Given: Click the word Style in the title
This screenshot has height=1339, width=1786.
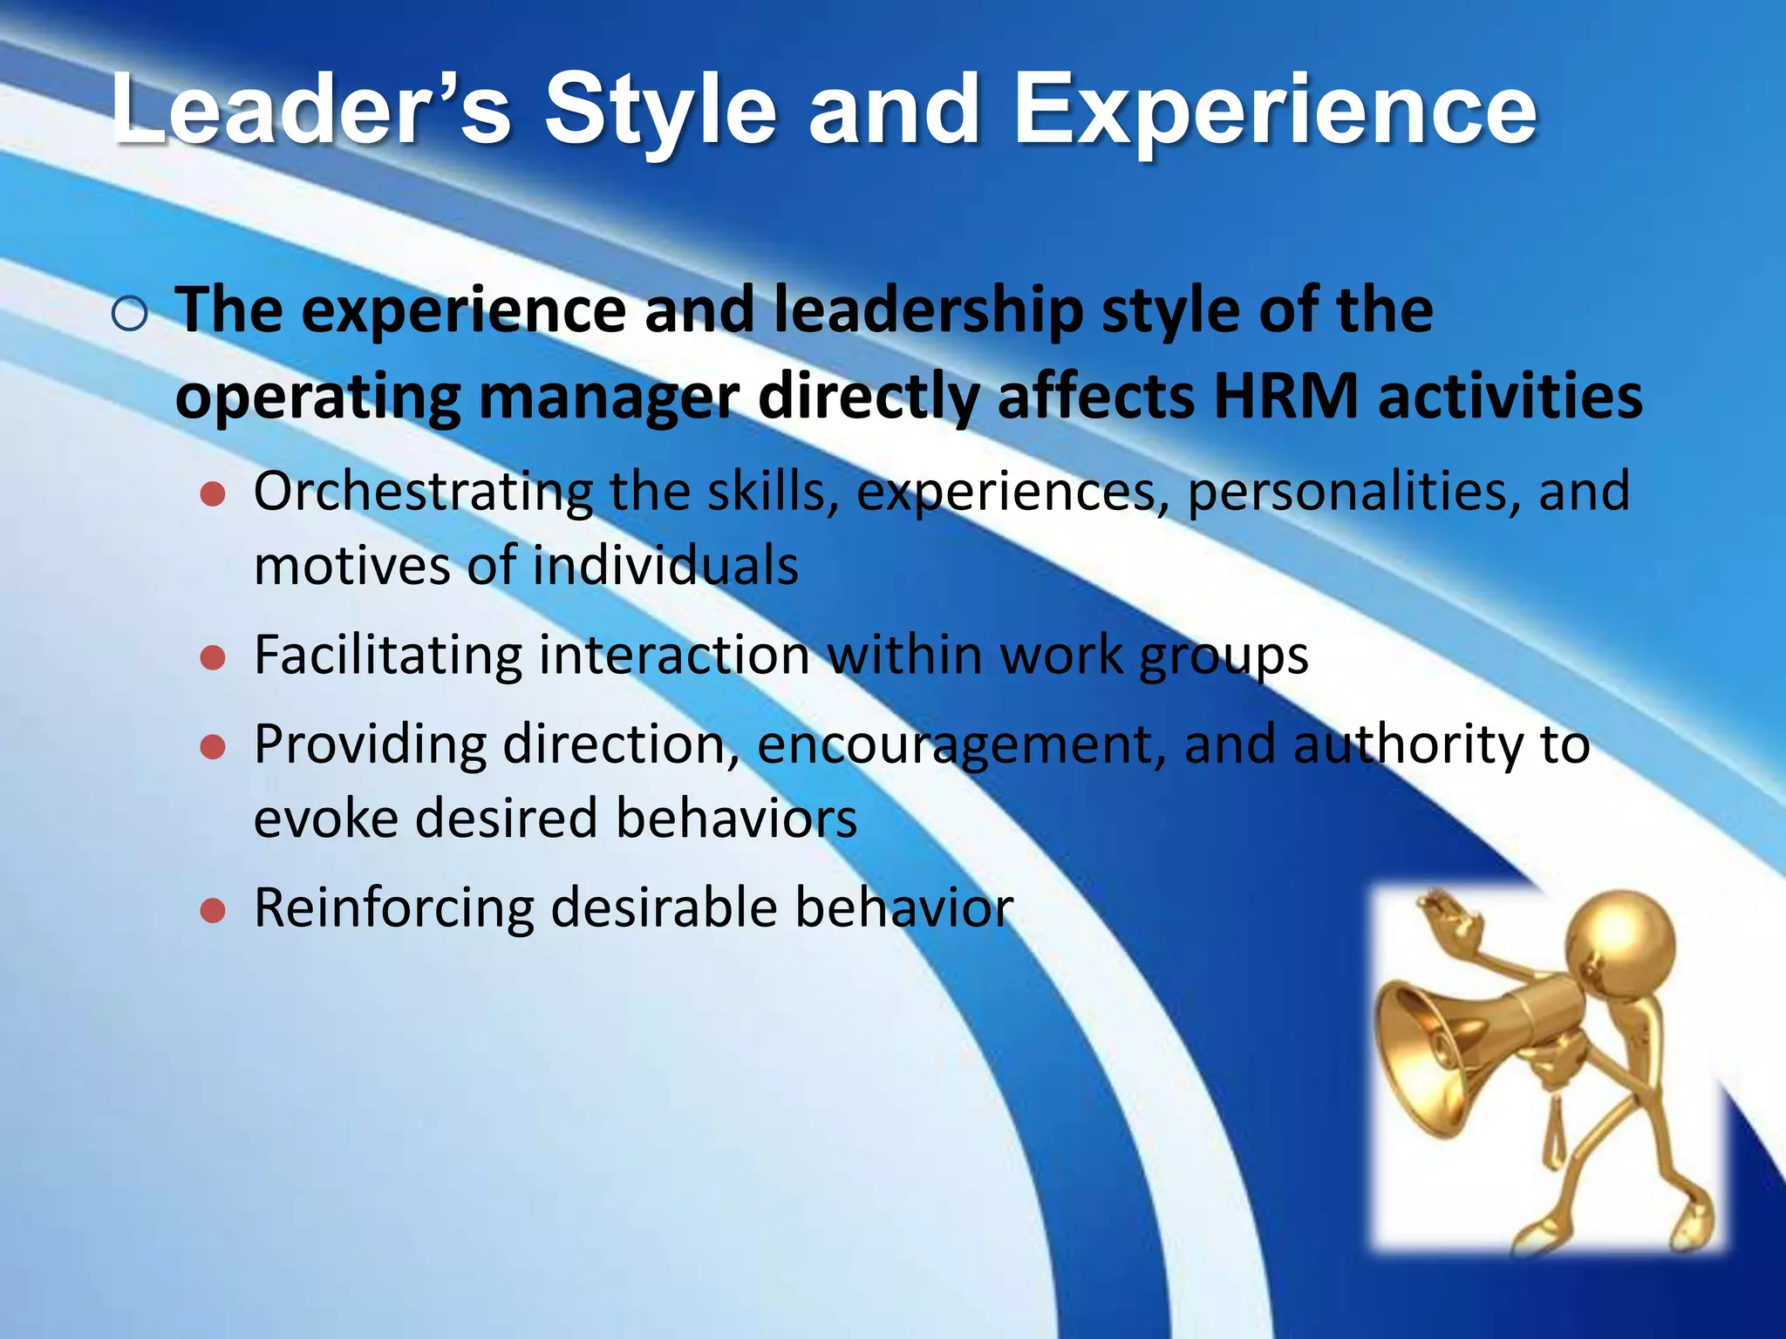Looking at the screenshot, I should point(660,111).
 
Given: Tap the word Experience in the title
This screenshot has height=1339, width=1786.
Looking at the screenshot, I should point(1274,111).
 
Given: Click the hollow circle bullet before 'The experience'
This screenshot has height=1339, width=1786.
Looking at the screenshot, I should point(130,314).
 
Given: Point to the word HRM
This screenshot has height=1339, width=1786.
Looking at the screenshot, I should point(1285,397).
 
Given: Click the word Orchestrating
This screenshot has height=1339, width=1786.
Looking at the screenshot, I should point(423,492).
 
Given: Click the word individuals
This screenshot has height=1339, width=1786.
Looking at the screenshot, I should point(665,566).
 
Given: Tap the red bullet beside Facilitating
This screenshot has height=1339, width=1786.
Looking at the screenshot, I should point(213,658).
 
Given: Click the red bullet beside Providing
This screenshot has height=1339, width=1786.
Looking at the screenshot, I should point(213,747).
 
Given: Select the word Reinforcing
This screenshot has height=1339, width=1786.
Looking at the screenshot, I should point(393,908).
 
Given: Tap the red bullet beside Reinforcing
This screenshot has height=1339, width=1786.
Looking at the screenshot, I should point(213,912).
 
